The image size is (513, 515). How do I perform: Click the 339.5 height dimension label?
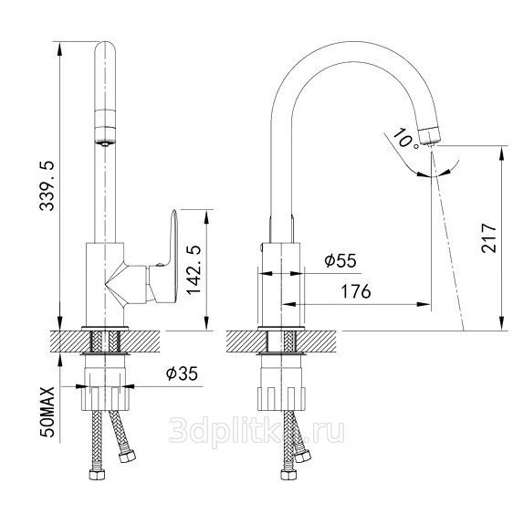click(x=47, y=185)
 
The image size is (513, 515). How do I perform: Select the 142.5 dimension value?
click(x=194, y=270)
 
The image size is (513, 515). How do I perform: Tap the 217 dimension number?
click(x=488, y=237)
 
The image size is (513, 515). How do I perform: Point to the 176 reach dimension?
click(x=356, y=291)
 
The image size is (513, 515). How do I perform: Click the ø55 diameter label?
click(x=340, y=260)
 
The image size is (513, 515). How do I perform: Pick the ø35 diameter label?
click(x=182, y=373)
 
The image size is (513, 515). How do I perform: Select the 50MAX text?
click(x=47, y=412)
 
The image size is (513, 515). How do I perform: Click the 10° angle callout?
click(x=405, y=138)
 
